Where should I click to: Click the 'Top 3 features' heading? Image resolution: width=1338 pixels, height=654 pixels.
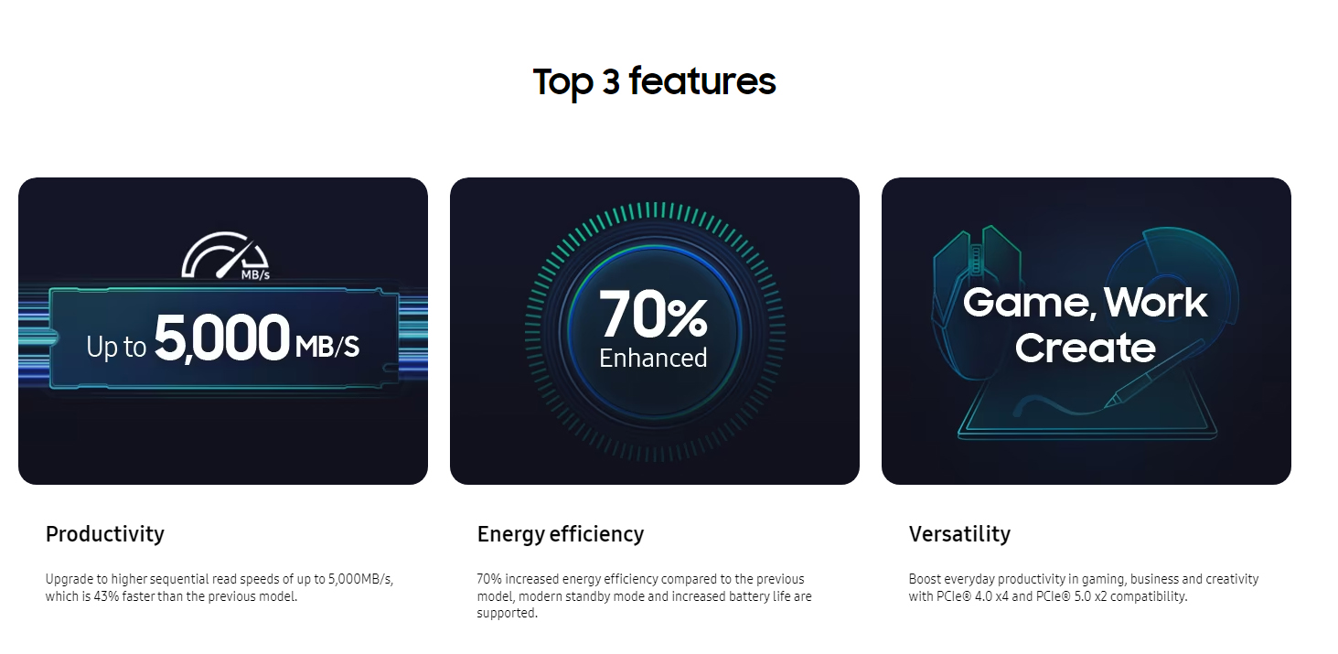(x=654, y=81)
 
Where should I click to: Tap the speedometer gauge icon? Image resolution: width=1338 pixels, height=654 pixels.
(x=225, y=255)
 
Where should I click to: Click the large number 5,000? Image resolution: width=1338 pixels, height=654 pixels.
(x=222, y=338)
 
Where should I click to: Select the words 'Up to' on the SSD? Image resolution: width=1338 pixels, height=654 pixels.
(x=116, y=347)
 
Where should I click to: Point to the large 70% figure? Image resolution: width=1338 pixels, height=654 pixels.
(x=653, y=314)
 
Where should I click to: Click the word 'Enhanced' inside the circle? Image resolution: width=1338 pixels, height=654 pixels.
(x=653, y=359)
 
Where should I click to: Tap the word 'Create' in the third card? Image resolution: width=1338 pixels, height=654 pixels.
(x=1085, y=348)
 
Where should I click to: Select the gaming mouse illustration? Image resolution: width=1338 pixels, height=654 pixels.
(x=974, y=302)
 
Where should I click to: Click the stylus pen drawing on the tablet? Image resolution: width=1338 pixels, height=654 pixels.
(x=1154, y=374)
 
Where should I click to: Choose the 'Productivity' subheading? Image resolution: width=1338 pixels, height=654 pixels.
(x=104, y=534)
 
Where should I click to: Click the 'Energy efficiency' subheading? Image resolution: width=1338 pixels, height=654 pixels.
(x=561, y=534)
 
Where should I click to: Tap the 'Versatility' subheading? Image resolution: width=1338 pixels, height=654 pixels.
(x=959, y=534)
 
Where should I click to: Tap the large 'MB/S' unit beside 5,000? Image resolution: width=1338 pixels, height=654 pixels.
(x=327, y=346)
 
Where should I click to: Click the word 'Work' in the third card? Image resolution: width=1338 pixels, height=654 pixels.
(x=1155, y=302)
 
